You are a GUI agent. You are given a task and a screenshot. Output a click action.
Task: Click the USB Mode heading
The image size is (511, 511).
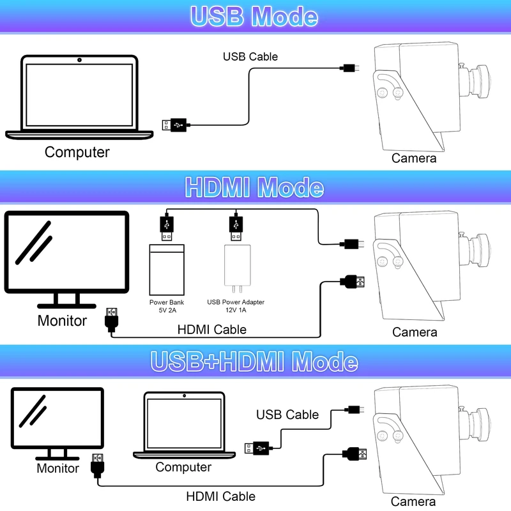[254, 17]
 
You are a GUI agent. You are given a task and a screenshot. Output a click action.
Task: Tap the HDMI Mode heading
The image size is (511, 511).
[254, 187]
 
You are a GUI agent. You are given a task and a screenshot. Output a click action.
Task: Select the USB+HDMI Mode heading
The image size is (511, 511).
[254, 362]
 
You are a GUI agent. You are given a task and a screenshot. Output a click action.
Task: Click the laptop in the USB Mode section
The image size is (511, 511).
[79, 97]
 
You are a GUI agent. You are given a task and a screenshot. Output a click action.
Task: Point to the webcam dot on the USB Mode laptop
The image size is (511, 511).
[79, 60]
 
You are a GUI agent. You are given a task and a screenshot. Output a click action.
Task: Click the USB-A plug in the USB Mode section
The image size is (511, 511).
[174, 125]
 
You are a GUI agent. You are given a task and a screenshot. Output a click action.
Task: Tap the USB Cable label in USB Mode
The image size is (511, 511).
[250, 57]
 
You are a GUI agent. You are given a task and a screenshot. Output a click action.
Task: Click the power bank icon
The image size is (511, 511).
[167, 270]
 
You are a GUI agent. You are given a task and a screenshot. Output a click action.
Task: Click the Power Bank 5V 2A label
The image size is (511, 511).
[167, 307]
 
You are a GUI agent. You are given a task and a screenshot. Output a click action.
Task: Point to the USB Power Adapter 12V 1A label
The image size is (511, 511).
[236, 306]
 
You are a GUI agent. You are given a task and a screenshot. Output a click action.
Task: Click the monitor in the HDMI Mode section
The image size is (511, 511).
[66, 259]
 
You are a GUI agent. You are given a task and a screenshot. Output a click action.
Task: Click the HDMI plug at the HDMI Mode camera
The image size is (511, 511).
[352, 282]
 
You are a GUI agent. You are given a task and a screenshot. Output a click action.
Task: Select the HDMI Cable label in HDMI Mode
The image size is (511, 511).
[212, 330]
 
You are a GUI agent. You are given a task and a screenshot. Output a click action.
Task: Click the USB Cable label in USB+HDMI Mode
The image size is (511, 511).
[287, 415]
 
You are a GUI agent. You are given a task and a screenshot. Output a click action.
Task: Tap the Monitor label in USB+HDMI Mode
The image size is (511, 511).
[57, 468]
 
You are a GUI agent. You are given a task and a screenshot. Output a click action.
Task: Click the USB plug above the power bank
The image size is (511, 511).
[167, 227]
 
